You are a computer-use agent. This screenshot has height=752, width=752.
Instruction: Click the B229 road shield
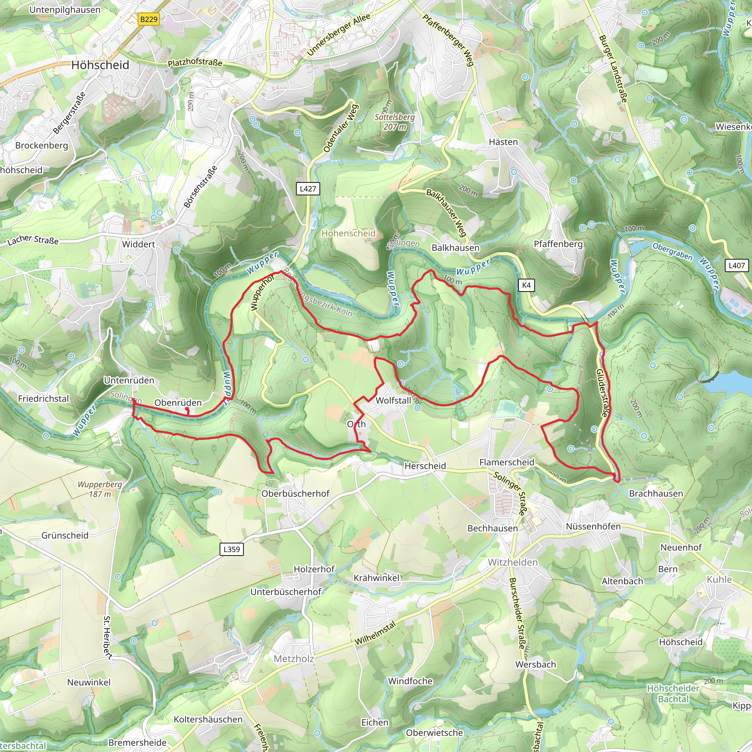[x=149, y=19]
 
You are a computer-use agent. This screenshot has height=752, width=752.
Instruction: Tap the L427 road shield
[x=308, y=189]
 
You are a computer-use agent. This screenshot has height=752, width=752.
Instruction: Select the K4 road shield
[x=526, y=285]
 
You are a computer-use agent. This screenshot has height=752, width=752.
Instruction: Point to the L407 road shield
[x=737, y=265]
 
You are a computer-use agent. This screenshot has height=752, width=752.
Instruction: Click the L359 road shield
[x=232, y=549]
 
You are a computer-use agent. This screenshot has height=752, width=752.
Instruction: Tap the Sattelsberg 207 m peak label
[x=395, y=122]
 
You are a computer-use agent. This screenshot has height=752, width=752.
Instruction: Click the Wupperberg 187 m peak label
[x=100, y=489]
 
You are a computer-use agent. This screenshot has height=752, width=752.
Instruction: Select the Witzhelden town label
[x=513, y=563]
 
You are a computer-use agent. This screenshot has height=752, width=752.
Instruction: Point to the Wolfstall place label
[x=393, y=401]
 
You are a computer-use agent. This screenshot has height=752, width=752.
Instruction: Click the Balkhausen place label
[x=455, y=248]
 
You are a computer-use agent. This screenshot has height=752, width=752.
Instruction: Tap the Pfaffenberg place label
[x=558, y=244]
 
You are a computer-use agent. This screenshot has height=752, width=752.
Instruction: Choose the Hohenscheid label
[x=348, y=234]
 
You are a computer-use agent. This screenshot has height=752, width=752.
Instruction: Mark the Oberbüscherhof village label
[x=296, y=493]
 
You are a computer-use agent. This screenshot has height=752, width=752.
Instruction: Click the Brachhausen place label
[x=656, y=493]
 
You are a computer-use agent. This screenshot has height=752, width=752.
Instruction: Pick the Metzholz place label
[x=294, y=659]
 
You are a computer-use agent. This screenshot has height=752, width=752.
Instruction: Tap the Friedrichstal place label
[x=43, y=398]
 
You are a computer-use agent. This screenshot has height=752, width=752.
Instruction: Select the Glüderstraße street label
[x=602, y=393]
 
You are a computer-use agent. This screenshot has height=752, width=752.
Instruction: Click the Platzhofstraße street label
[x=195, y=63]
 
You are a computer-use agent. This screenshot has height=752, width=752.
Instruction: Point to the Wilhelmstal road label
[x=375, y=633]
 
